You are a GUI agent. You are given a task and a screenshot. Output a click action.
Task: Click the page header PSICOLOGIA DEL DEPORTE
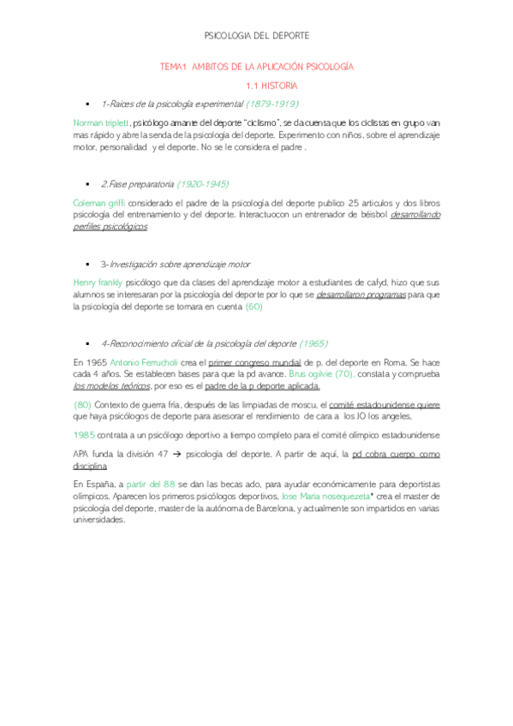point(257,35)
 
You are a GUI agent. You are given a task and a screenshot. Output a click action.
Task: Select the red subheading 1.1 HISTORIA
point(271,86)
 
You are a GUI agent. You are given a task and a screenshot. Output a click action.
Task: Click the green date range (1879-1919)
point(272,104)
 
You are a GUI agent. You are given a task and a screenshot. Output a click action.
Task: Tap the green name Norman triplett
point(101,123)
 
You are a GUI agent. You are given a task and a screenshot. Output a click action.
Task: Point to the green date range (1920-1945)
point(202,183)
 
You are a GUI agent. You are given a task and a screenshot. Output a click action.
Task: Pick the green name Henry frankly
point(98,283)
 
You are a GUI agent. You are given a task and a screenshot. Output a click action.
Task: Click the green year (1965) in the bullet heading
point(313,343)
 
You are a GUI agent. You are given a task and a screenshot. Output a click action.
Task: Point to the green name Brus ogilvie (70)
point(321,375)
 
